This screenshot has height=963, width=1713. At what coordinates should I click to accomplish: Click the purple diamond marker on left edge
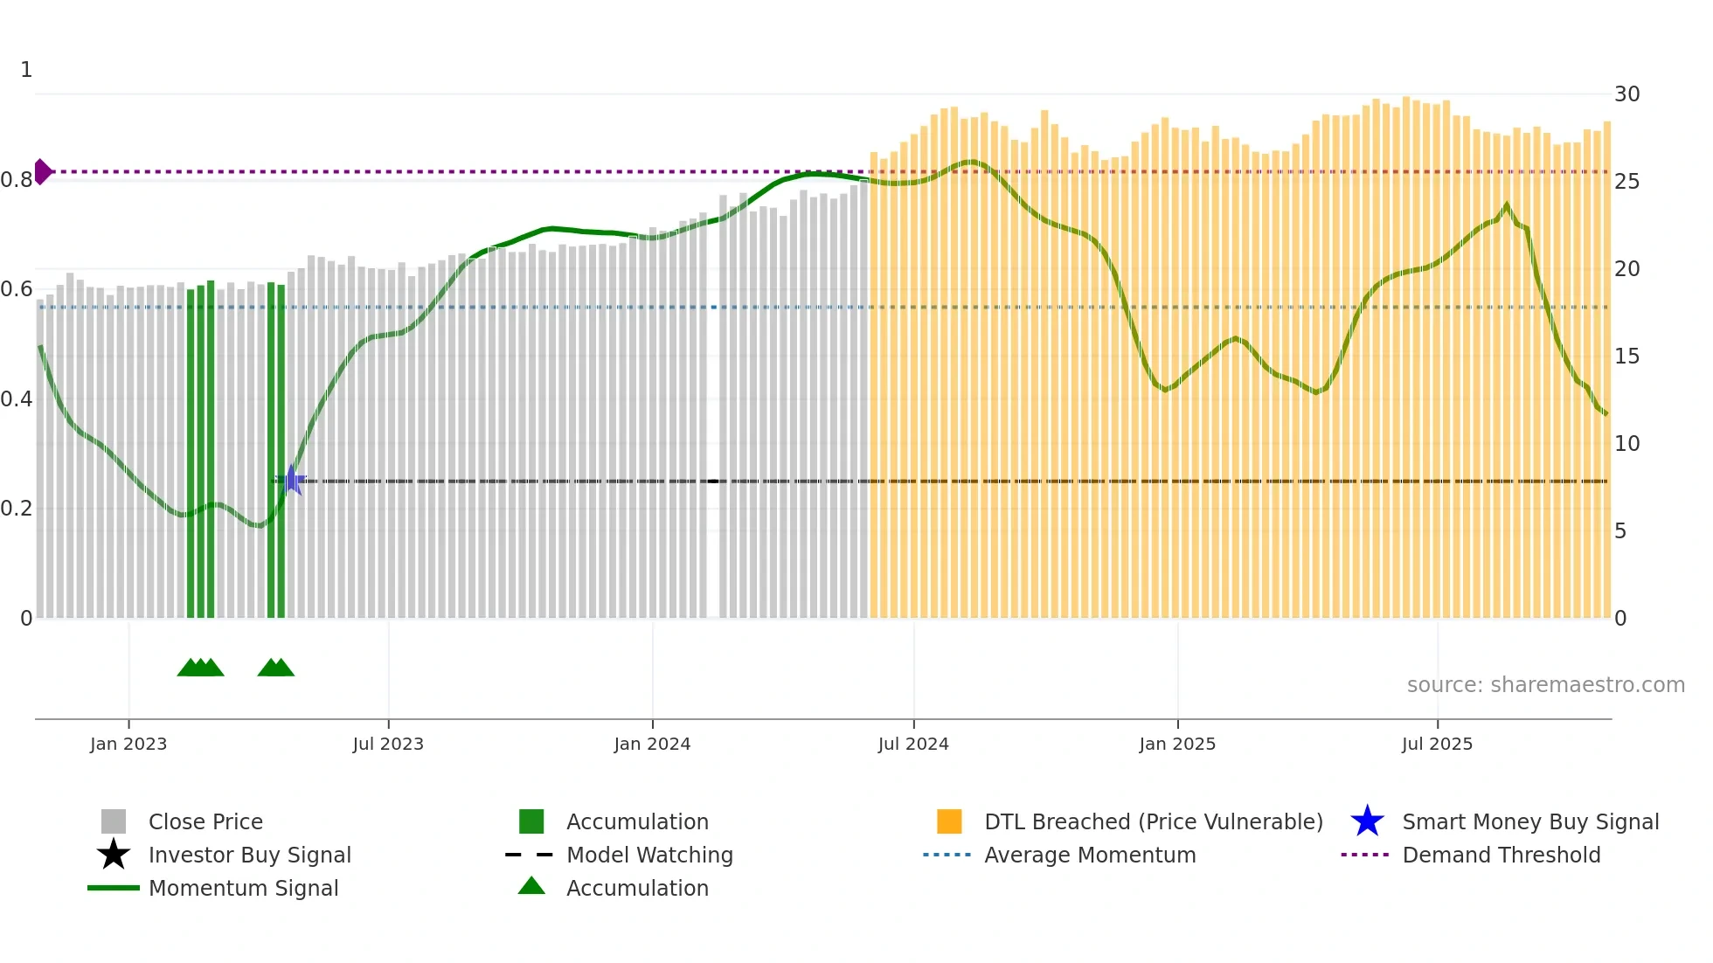point(42,171)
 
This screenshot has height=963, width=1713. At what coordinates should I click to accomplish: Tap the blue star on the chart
point(291,481)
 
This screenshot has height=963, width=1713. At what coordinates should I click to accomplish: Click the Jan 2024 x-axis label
point(652,744)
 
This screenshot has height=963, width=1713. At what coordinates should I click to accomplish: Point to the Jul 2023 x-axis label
point(388,744)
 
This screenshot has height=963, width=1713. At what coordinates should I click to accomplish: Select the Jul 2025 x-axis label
point(1437,744)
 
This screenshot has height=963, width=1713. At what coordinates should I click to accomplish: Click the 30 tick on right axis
point(1626,94)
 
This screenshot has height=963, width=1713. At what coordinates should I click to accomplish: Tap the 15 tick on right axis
point(1626,357)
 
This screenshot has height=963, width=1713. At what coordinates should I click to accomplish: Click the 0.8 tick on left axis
point(17,180)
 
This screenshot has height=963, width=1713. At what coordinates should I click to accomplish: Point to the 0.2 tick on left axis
point(17,509)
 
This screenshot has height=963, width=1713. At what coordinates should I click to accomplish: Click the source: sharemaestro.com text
point(1545,685)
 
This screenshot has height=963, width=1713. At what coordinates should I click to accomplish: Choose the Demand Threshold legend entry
point(1501,856)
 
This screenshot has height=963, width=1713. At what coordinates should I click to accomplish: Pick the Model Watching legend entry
point(648,856)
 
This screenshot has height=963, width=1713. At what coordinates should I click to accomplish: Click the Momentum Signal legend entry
point(243,889)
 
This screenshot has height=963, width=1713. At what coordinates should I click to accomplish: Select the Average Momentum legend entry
point(1089,856)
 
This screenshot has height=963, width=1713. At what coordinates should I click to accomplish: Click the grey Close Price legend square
point(114,821)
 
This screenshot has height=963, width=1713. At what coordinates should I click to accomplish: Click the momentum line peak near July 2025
point(1506,206)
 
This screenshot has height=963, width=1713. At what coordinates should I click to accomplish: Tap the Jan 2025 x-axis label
point(1177,744)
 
